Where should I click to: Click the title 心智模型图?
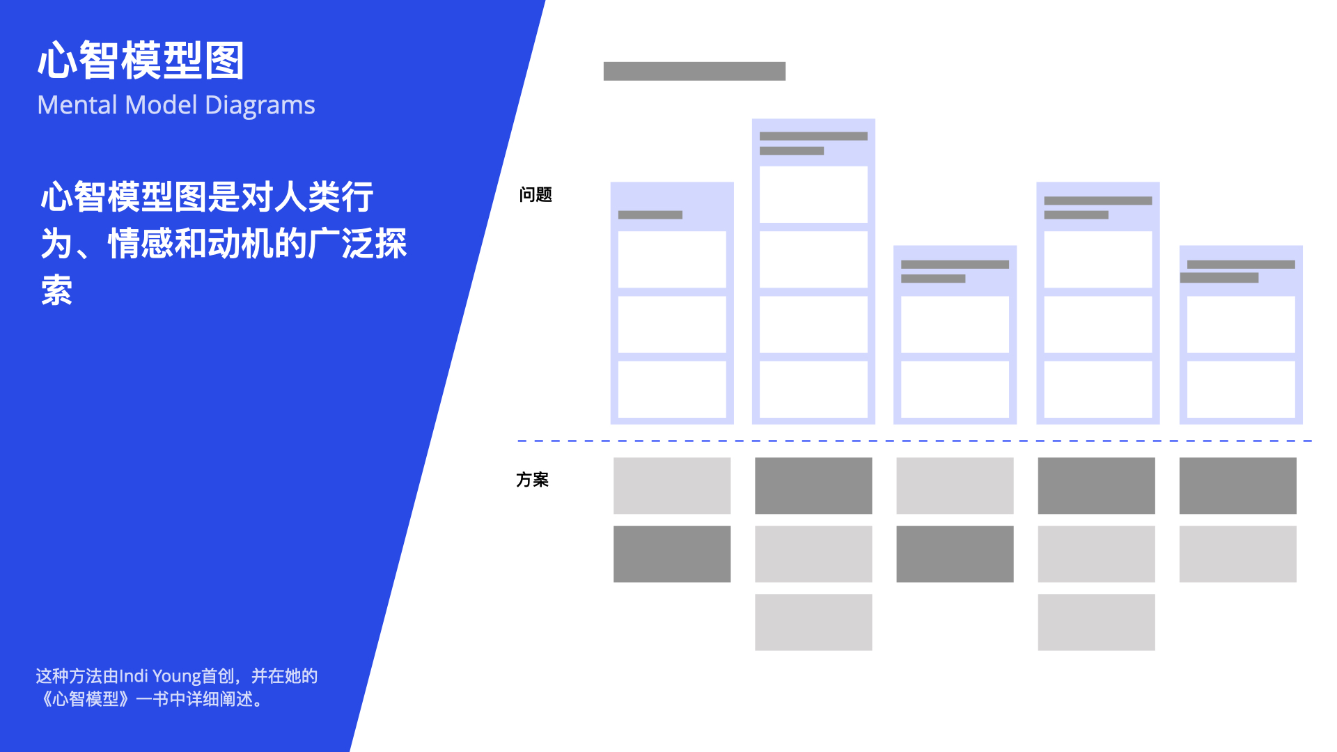click(141, 61)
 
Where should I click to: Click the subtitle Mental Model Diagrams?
click(176, 105)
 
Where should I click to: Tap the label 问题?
click(535, 195)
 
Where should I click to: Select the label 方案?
click(532, 480)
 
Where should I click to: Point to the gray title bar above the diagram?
click(694, 71)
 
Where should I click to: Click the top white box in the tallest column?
click(813, 194)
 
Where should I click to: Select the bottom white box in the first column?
click(672, 389)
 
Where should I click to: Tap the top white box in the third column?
click(955, 324)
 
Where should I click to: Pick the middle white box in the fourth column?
click(1097, 324)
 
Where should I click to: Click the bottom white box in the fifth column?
click(1240, 389)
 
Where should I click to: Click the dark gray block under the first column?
click(672, 554)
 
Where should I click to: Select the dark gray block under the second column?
click(813, 485)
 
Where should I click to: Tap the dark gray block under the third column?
click(955, 554)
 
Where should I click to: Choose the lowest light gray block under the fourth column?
click(1096, 622)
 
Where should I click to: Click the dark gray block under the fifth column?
click(1237, 485)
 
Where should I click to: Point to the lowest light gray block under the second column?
click(813, 622)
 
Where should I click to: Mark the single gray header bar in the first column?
click(650, 215)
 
